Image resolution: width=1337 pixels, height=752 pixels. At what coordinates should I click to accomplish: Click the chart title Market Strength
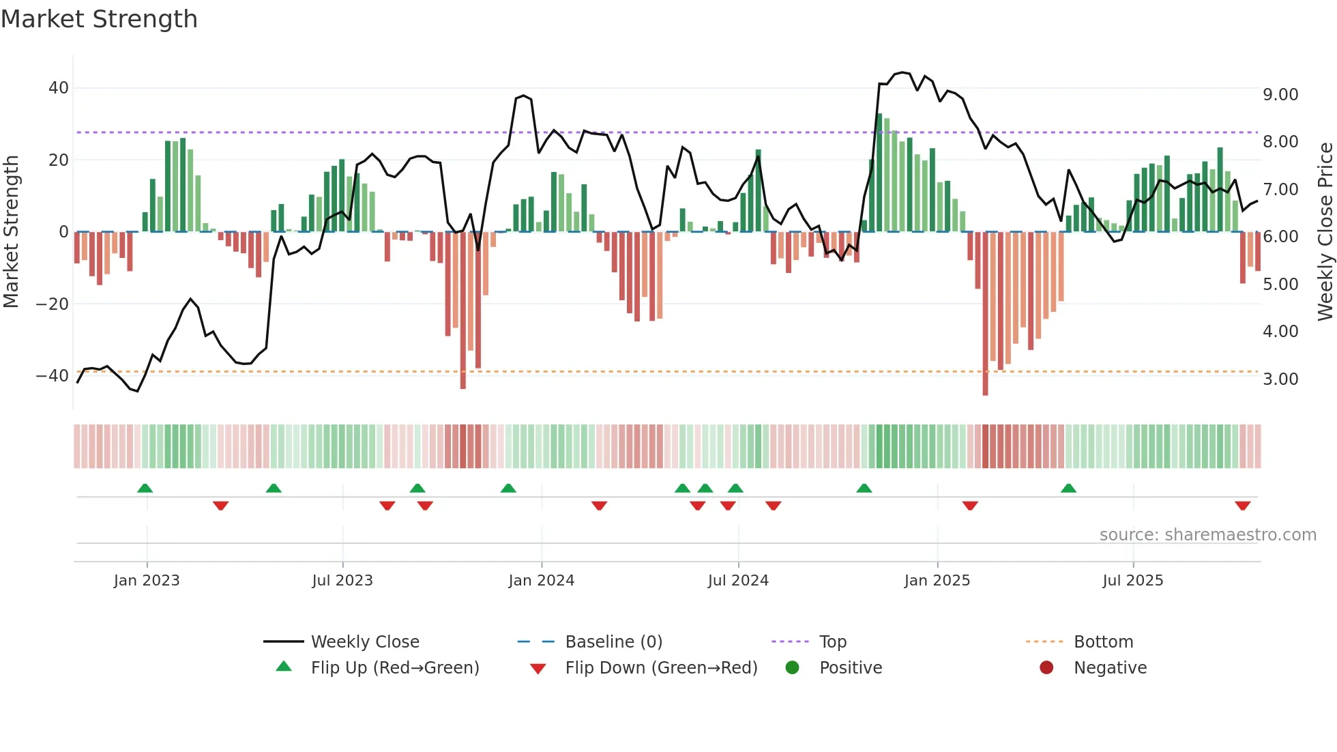click(100, 19)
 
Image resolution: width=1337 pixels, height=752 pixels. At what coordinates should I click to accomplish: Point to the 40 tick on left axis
click(59, 88)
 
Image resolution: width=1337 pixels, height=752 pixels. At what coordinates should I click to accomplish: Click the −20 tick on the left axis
click(53, 304)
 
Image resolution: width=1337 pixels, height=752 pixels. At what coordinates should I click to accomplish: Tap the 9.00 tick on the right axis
click(1280, 95)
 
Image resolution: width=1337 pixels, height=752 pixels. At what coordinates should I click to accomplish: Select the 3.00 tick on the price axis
click(1280, 379)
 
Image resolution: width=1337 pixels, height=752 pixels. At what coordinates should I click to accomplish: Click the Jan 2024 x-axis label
click(542, 581)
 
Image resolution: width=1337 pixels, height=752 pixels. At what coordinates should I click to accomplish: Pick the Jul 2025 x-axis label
click(1133, 581)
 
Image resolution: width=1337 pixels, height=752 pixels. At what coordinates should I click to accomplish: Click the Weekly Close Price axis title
click(1325, 232)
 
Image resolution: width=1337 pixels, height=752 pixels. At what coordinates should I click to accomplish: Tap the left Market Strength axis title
click(12, 232)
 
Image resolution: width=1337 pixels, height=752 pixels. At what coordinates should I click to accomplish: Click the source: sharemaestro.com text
click(1208, 535)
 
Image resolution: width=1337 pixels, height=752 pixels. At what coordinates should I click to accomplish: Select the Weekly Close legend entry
click(365, 642)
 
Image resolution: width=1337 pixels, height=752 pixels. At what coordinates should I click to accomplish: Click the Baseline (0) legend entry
click(614, 642)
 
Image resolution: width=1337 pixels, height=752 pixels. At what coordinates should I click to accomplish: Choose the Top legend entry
click(833, 642)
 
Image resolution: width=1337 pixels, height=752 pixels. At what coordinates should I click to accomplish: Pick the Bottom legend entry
click(1103, 642)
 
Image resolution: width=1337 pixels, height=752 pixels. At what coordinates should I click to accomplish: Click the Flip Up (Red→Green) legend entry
click(395, 668)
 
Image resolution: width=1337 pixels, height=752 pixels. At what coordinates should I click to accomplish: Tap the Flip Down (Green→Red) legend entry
click(661, 668)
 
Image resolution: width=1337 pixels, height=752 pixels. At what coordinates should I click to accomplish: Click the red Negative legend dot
click(1046, 668)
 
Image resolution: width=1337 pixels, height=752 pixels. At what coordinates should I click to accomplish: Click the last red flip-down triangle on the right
click(1242, 506)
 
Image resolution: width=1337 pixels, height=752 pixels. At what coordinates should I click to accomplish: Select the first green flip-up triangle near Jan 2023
click(145, 488)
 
